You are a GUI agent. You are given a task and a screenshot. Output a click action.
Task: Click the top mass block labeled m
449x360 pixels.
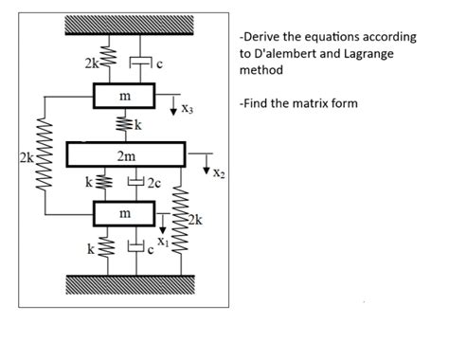[x=124, y=97]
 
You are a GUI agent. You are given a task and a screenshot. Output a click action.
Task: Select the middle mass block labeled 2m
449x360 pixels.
[x=124, y=154]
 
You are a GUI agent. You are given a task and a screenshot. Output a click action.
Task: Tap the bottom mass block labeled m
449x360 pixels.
[x=124, y=214]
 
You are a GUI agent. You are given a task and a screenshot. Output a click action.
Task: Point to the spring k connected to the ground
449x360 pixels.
[x=106, y=250]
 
